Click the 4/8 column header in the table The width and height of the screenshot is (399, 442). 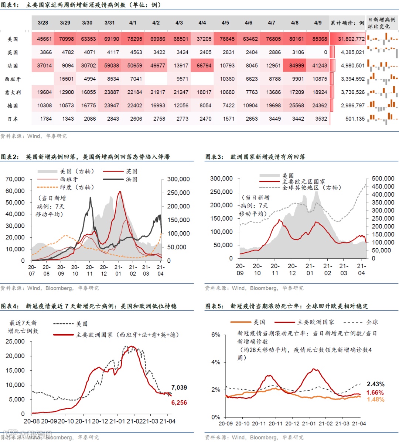(x=294, y=23)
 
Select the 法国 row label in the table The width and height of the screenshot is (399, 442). (x=13, y=66)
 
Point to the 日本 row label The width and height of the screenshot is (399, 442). (x=13, y=119)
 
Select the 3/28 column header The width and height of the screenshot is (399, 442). (x=43, y=23)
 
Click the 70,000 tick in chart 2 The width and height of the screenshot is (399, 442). (x=15, y=179)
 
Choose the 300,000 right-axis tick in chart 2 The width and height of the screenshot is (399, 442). (x=178, y=179)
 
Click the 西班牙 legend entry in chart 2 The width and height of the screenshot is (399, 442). (x=69, y=179)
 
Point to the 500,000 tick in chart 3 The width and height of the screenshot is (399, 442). (x=383, y=179)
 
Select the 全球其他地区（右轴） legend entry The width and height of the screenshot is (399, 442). (x=311, y=187)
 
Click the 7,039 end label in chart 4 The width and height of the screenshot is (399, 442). (x=179, y=387)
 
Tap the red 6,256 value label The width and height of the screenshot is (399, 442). (x=179, y=403)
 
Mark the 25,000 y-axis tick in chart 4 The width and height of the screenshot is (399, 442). (x=15, y=342)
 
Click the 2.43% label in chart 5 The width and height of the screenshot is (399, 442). (x=375, y=384)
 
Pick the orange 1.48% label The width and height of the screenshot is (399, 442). (x=375, y=400)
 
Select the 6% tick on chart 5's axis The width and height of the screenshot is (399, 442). (x=216, y=335)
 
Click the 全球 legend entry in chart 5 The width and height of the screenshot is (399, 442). (x=372, y=322)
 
